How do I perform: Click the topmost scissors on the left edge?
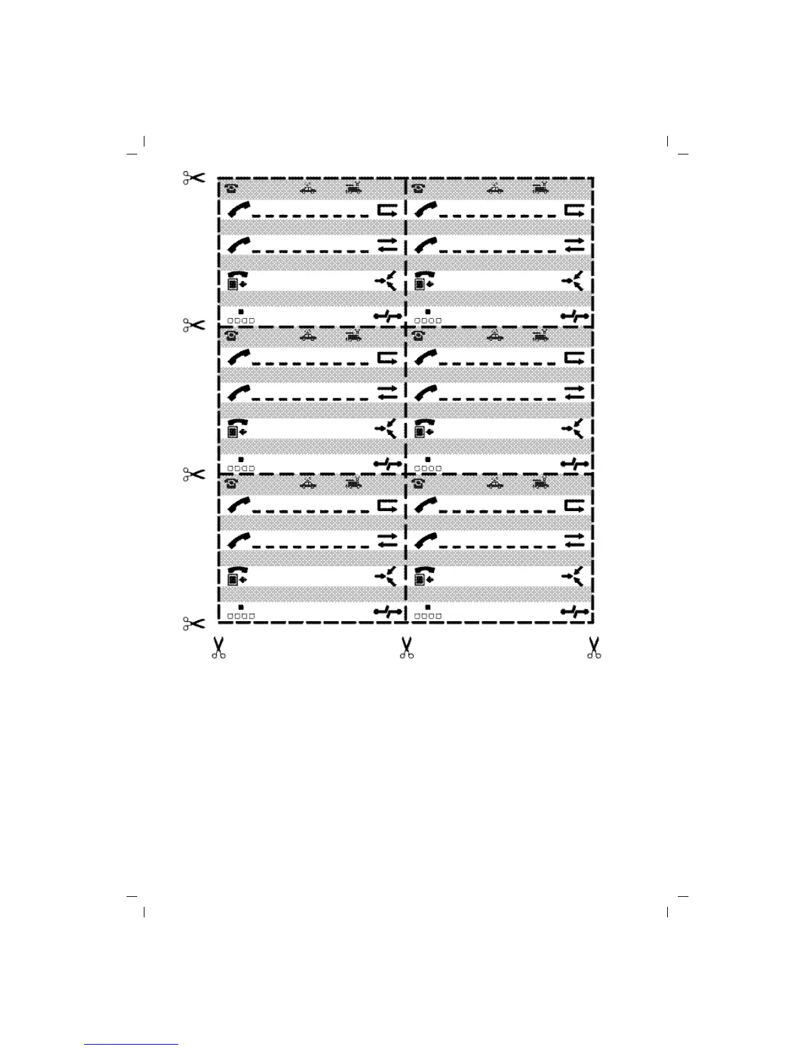pos(193,178)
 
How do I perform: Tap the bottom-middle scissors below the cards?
pos(406,648)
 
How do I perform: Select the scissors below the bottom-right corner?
pos(594,648)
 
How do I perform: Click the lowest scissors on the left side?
pos(193,624)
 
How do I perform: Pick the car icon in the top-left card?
pos(307,189)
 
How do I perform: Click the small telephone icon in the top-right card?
pos(417,188)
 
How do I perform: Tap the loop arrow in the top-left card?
pos(387,211)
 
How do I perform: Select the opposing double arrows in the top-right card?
pos(574,245)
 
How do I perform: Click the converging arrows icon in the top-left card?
pos(386,280)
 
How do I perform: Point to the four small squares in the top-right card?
pos(427,320)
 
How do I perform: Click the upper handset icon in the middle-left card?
pos(239,357)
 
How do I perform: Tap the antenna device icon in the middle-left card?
pos(354,335)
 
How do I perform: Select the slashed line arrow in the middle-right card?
pos(574,464)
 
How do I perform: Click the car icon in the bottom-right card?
pos(494,483)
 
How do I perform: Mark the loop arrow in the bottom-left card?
pos(387,506)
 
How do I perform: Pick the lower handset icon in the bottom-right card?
pos(425,541)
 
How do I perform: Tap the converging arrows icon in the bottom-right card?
pos(573,576)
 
